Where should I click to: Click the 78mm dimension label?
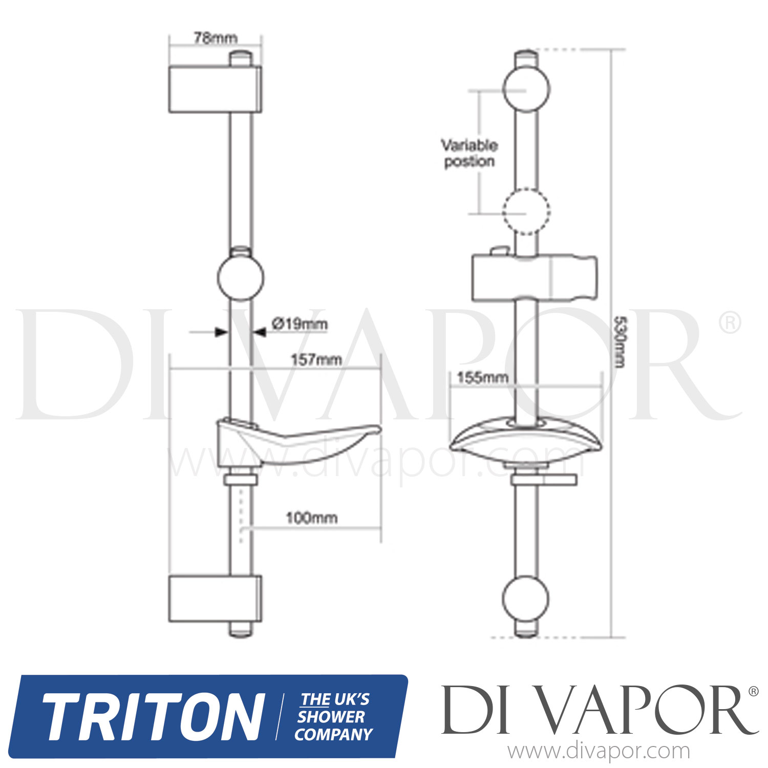point(215,38)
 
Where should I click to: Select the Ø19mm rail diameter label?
point(300,324)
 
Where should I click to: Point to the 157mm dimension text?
point(316,359)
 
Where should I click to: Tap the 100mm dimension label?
point(311,518)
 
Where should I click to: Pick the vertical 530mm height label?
point(619,342)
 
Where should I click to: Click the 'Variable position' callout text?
point(470,153)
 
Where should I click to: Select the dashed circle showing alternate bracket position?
point(526,211)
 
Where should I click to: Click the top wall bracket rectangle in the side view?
point(215,89)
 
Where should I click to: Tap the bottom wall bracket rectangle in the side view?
point(215,599)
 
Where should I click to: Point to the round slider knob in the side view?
point(241,276)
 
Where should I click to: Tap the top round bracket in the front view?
point(526,89)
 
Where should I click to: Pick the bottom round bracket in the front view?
point(526,599)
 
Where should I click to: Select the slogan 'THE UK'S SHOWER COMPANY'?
point(334,717)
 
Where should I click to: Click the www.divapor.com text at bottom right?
point(599,751)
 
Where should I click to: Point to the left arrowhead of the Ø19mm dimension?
point(221,332)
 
